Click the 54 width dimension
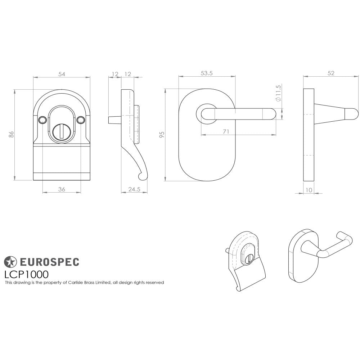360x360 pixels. coord(62,74)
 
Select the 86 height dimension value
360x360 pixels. coord(12,134)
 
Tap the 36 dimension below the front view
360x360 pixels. coord(62,189)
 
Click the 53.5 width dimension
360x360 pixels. coord(207,73)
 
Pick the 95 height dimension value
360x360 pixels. coord(162,134)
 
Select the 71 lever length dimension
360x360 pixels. coord(226,131)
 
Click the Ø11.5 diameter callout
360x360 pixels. coord(278,93)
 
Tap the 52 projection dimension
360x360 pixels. coord(331,73)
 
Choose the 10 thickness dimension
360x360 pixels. coord(309,190)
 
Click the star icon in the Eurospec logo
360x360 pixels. coord(10,262)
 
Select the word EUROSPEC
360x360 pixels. coord(49,262)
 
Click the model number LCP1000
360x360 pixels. coord(26,274)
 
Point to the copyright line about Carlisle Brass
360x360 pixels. coord(84,283)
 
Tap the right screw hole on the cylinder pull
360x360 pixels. coord(81,119)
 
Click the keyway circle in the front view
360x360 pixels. coord(62,132)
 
